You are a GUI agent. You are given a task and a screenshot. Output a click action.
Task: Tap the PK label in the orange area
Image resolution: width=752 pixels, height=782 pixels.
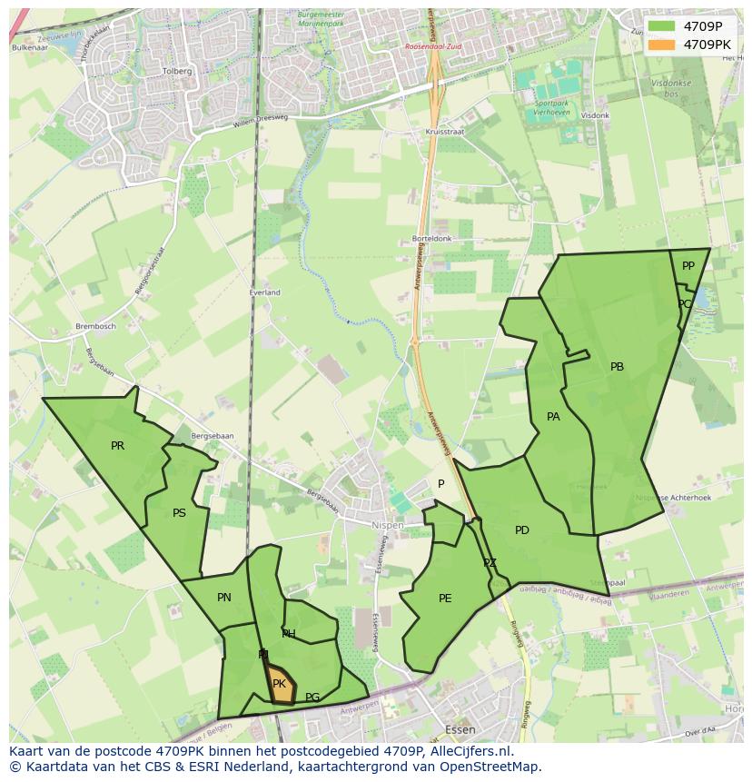point(279,684)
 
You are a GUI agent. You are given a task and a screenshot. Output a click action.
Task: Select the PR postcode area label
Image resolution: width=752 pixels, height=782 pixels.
point(117,446)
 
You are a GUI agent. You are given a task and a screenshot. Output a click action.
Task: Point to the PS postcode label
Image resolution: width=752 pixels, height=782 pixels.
point(179,513)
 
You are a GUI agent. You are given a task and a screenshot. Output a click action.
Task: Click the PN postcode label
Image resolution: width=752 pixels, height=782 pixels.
point(224,598)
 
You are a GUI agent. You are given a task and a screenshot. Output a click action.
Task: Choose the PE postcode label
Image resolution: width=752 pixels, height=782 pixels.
point(445,598)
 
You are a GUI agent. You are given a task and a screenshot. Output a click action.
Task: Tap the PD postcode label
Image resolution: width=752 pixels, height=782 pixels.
point(522,530)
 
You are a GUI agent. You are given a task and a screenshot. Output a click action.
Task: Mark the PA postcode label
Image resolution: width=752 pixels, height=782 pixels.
point(553,417)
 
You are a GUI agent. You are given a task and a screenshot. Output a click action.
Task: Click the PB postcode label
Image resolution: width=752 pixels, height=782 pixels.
point(618,367)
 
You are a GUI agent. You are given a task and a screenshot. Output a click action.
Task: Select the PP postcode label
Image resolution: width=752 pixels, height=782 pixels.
point(688,266)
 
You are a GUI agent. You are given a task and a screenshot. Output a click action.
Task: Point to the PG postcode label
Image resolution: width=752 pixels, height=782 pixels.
point(312,698)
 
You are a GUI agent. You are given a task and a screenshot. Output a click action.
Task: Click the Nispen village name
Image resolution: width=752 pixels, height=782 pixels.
point(388,525)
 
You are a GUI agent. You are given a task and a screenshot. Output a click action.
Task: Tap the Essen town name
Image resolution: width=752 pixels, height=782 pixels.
point(460,729)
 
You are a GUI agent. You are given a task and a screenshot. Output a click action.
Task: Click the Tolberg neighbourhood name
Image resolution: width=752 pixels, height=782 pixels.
point(176,71)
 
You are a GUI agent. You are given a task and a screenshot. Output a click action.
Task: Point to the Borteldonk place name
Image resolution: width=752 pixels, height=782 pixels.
point(431,239)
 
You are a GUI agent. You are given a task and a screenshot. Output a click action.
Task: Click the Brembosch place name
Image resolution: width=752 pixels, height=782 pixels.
point(96,326)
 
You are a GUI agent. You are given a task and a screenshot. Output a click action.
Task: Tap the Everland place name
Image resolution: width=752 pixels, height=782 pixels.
point(265,292)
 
